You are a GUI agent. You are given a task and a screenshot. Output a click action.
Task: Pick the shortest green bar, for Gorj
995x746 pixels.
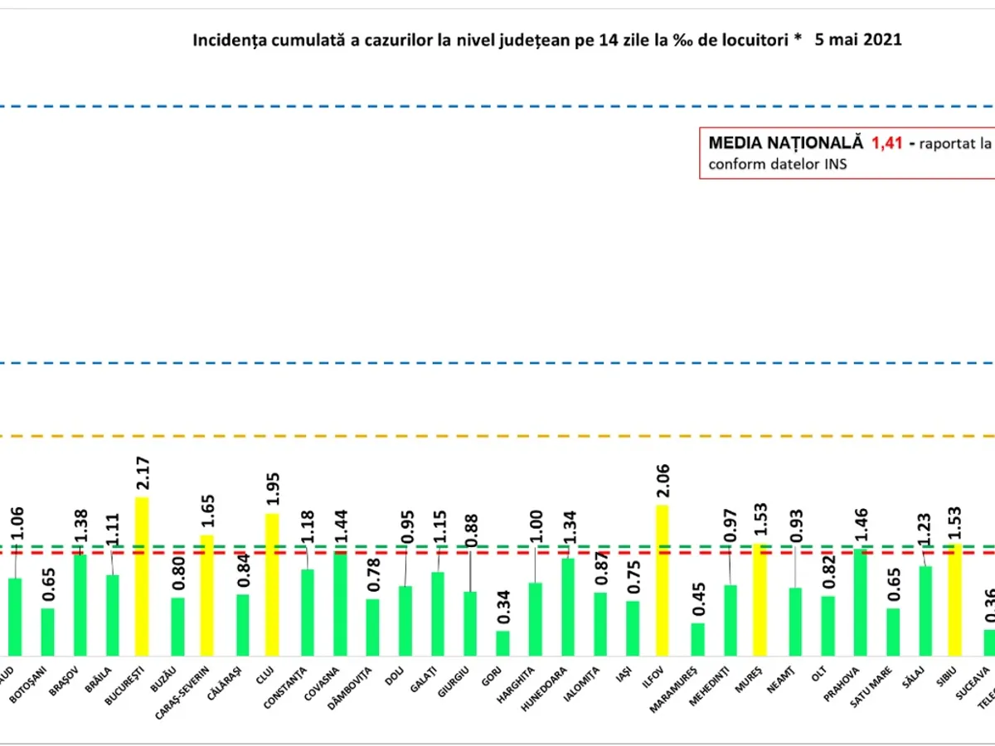point(502,643)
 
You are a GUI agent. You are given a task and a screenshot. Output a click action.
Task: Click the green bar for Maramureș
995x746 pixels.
point(697,639)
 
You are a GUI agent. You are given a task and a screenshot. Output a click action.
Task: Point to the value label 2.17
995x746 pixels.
point(143,475)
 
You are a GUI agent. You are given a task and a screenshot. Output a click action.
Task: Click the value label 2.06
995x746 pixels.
point(663,483)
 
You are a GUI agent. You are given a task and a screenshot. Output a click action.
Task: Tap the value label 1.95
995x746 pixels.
point(273,492)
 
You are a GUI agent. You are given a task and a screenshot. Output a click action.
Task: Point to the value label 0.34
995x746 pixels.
point(502,609)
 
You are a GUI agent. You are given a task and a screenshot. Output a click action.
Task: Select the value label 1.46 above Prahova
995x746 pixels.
point(860,527)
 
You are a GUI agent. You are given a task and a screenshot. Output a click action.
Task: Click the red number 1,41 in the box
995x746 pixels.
point(886,143)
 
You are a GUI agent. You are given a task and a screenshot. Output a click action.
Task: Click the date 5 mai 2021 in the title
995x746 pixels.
point(859,40)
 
